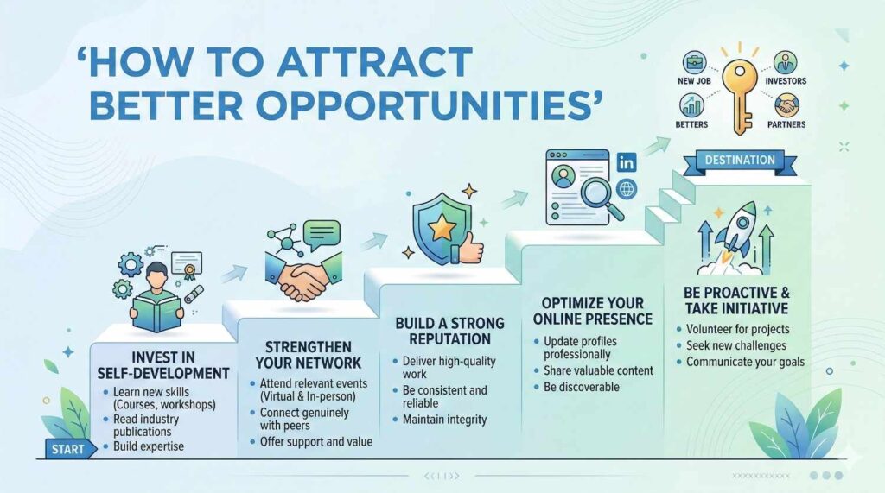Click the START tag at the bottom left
pyautogui.click(x=67, y=449)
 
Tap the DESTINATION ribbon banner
pyautogui.click(x=740, y=161)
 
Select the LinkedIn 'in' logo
pyautogui.click(x=627, y=163)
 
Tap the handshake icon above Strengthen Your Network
pyautogui.click(x=303, y=276)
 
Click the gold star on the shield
pyautogui.click(x=442, y=229)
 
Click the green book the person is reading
pyautogui.click(x=157, y=313)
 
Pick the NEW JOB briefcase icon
pyautogui.click(x=694, y=63)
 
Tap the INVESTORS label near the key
pyautogui.click(x=786, y=81)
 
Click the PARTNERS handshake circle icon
pyautogui.click(x=786, y=105)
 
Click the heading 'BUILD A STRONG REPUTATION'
pyautogui.click(x=449, y=331)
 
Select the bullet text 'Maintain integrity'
pyautogui.click(x=444, y=420)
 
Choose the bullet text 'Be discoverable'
pyautogui.click(x=582, y=387)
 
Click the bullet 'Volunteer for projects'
pyautogui.click(x=738, y=330)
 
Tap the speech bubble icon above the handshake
pyautogui.click(x=322, y=234)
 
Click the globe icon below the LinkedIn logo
pyautogui.click(x=627, y=189)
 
